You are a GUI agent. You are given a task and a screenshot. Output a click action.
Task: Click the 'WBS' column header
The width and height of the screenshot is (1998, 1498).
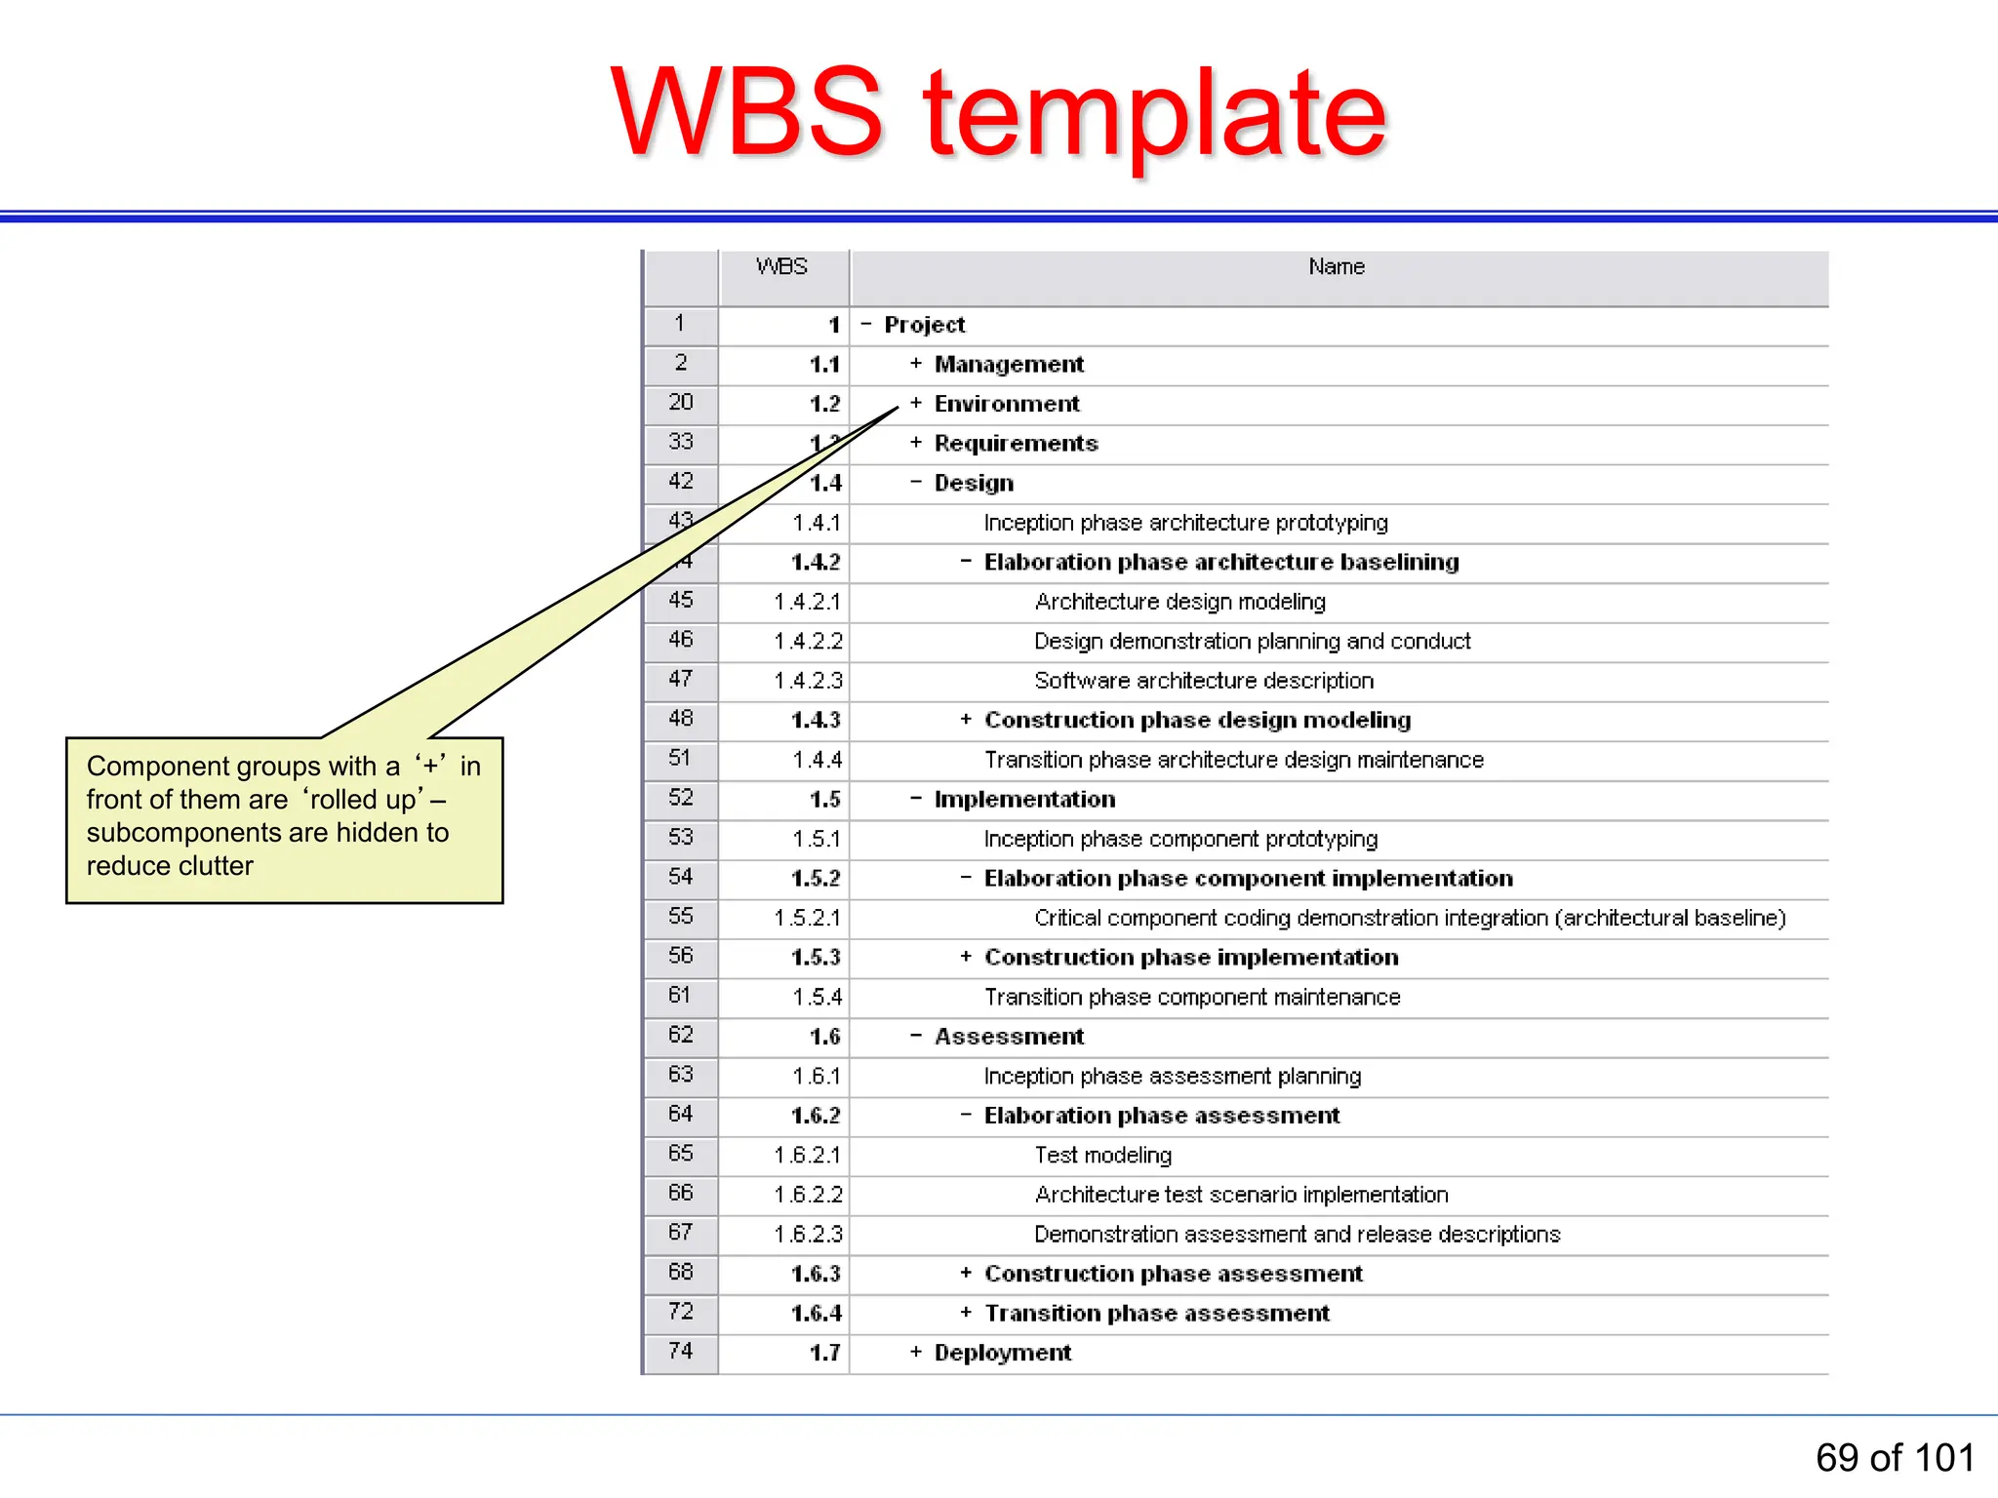click(x=781, y=266)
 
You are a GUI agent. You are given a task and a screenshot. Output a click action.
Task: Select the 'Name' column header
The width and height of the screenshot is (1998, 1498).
click(x=1336, y=266)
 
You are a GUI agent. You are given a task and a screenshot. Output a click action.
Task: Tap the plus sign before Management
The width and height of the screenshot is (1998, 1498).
click(x=915, y=364)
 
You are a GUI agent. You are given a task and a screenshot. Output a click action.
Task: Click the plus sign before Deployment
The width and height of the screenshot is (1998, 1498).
click(x=915, y=1352)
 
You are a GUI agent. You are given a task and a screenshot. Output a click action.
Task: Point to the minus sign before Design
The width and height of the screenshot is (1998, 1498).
click(x=915, y=482)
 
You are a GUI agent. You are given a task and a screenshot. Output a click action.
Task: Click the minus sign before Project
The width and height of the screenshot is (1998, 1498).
click(x=865, y=324)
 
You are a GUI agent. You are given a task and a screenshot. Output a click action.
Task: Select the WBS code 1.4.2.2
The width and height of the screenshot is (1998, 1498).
click(x=808, y=641)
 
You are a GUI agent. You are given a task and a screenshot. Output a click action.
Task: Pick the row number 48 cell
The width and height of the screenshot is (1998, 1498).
click(x=681, y=719)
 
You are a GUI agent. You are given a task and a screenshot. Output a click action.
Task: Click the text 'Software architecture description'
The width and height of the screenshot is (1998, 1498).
click(x=1204, y=680)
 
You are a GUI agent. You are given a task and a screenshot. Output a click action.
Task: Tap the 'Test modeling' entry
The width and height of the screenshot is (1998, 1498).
click(x=1102, y=1155)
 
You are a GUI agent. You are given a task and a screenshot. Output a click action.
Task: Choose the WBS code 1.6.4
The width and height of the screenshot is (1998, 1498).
click(x=816, y=1313)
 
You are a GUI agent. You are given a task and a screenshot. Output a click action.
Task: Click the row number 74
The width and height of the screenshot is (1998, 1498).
click(x=681, y=1351)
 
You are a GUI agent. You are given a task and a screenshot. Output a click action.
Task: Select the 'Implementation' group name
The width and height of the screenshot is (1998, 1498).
click(x=1024, y=799)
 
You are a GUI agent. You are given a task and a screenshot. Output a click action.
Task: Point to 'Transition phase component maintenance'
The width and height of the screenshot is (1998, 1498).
click(x=1192, y=997)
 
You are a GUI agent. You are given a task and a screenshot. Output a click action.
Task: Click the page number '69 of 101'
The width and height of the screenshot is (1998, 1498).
click(x=1895, y=1458)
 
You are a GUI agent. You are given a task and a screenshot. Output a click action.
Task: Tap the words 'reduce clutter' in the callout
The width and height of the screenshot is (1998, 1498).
click(x=170, y=865)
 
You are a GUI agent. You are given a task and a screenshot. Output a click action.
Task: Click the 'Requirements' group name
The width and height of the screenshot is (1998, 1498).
click(x=1016, y=443)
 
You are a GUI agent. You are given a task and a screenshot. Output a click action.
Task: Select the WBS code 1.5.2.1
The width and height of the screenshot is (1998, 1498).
click(x=808, y=918)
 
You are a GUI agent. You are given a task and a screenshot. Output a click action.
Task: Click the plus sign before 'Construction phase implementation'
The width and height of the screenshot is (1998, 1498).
click(x=965, y=957)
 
